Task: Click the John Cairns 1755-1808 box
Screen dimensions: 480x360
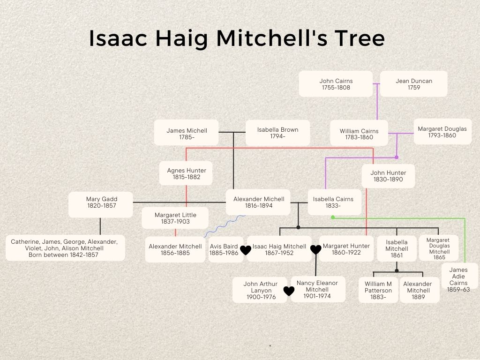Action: tap(336, 84)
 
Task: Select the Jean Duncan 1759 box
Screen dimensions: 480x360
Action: tap(414, 84)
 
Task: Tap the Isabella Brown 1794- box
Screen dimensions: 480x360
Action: tap(277, 133)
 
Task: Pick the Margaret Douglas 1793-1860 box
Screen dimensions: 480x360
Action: tap(442, 132)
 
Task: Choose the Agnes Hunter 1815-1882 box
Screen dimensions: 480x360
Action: tap(186, 173)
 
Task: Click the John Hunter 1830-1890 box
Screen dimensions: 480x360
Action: tap(388, 176)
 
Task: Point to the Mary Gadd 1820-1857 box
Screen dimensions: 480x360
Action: tap(101, 205)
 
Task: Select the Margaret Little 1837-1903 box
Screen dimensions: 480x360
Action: tap(175, 218)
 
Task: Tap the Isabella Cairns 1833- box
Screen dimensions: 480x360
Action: tap(335, 202)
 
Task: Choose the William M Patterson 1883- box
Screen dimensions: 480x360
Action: tap(378, 290)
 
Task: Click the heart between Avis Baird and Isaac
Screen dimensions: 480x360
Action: tap(246, 250)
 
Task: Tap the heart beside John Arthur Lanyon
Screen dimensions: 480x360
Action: tap(289, 291)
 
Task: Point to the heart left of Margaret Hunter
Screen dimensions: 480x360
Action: tap(316, 249)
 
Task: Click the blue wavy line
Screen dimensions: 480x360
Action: tap(225, 226)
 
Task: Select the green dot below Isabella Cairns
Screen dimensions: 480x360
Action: tap(333, 217)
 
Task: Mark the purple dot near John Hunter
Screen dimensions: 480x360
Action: tap(397, 157)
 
